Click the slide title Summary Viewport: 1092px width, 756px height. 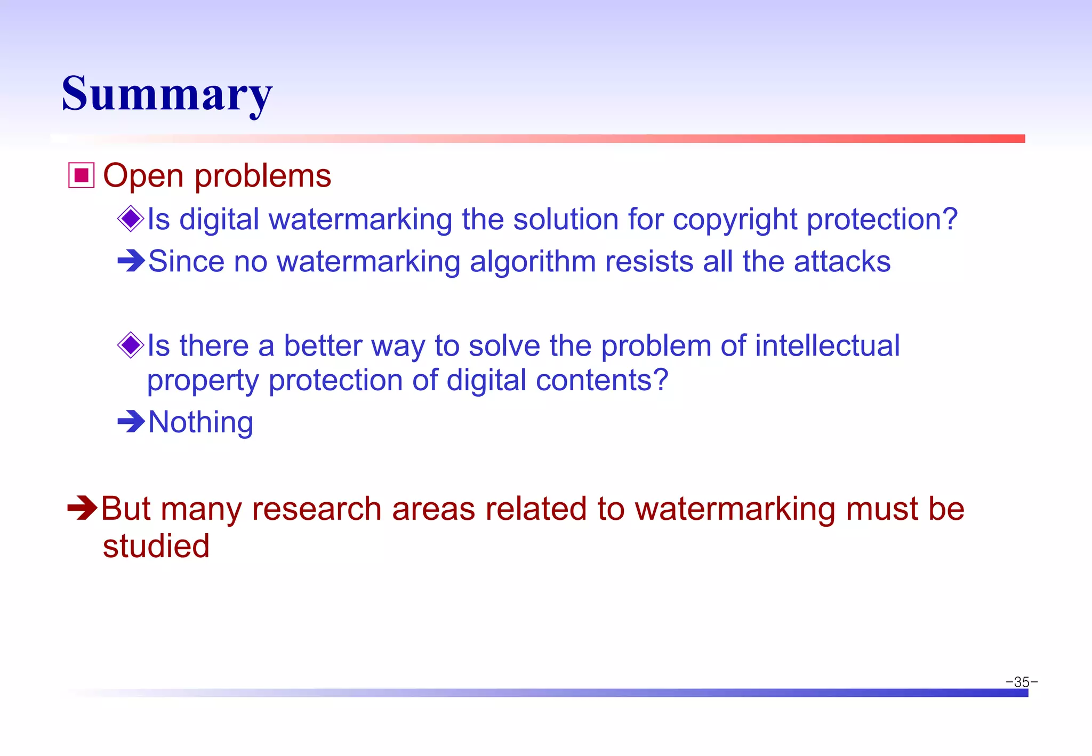[167, 94]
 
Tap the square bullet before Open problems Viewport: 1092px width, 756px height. [81, 175]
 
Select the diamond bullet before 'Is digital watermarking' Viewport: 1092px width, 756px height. [131, 219]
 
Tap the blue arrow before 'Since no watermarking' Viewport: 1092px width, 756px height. [131, 261]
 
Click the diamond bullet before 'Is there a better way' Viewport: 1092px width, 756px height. [131, 345]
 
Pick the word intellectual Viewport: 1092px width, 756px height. [827, 345]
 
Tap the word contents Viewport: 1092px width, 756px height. [602, 381]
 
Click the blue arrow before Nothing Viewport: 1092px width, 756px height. [131, 422]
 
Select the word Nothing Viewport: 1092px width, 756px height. [200, 423]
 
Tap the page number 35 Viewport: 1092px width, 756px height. [1021, 682]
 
